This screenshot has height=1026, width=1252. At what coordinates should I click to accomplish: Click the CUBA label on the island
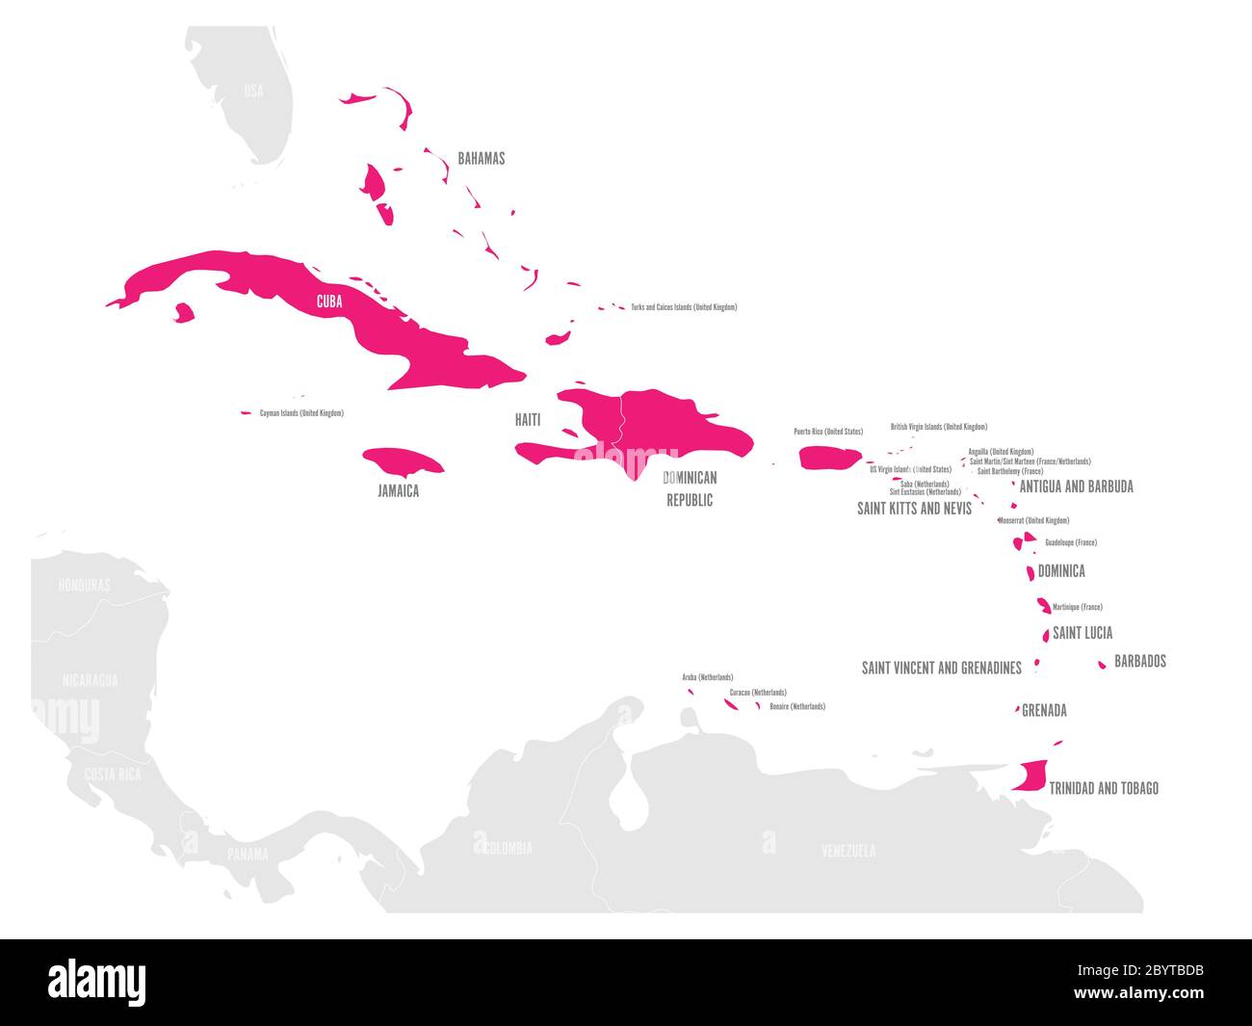tap(329, 302)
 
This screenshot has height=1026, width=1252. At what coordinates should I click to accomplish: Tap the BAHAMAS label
tap(481, 158)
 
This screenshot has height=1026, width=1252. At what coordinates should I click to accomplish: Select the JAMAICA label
tap(398, 490)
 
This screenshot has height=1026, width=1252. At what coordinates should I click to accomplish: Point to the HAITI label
tap(527, 420)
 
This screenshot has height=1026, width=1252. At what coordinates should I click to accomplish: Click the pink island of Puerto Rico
tap(828, 458)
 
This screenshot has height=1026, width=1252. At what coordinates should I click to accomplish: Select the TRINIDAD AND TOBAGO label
tap(1103, 788)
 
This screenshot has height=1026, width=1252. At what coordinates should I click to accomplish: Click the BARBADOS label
tap(1139, 661)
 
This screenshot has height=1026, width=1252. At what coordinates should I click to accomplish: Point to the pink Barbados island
tap(1102, 665)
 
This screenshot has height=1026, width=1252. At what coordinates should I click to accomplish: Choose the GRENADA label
tap(1044, 711)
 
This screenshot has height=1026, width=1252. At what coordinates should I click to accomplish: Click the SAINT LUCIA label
tap(1082, 633)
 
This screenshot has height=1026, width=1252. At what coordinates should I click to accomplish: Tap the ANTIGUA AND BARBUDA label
tap(1076, 487)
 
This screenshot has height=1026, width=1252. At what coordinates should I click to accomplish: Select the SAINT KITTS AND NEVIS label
tap(914, 508)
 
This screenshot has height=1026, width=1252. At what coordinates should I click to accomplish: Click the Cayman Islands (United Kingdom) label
tap(301, 413)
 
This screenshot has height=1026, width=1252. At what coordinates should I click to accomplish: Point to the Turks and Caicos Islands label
tap(684, 307)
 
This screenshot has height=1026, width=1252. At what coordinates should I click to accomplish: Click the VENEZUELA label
tap(848, 851)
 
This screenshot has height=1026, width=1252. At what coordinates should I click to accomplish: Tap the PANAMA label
tap(248, 854)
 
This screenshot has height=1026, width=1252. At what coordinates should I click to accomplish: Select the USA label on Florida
tap(253, 92)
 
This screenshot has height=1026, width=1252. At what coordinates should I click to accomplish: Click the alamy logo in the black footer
tap(97, 982)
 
